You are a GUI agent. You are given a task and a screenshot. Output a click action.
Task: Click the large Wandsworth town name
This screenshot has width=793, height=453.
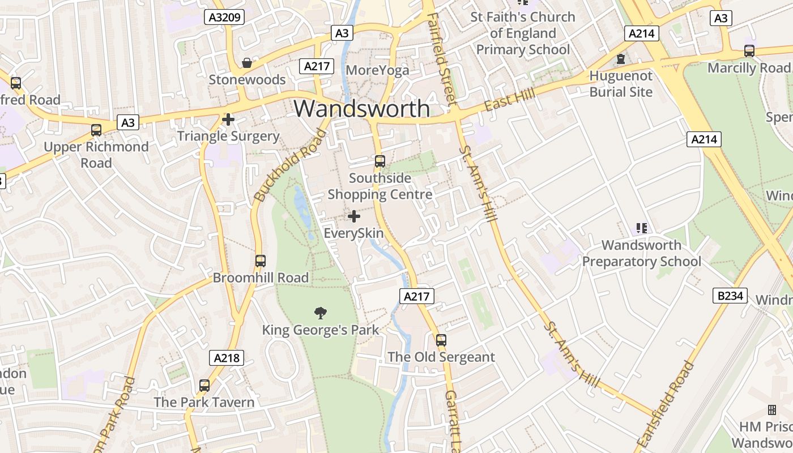pos(361,109)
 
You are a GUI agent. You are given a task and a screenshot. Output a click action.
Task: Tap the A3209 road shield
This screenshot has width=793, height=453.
pos(225,17)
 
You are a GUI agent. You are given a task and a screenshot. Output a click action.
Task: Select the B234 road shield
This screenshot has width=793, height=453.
pos(730,295)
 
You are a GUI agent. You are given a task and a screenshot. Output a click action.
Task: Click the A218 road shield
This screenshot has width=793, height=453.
pos(227,358)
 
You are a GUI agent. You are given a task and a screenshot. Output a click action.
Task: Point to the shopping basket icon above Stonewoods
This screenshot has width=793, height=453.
pos(247,62)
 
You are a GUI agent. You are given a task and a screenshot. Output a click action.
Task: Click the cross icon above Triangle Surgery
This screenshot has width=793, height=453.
pos(228,119)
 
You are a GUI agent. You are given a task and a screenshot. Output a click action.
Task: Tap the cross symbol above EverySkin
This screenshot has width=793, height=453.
pos(354,216)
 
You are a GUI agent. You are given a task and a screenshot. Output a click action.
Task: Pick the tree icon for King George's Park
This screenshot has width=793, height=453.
pos(321,313)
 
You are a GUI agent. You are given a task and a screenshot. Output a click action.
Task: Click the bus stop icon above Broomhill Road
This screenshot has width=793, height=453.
pos(261,261)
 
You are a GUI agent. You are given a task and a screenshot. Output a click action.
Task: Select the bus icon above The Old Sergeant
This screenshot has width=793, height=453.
pos(441,340)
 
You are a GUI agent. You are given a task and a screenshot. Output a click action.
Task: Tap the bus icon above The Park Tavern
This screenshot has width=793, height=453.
pos(204,386)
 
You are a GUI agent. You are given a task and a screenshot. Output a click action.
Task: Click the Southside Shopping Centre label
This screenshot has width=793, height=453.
pos(380,186)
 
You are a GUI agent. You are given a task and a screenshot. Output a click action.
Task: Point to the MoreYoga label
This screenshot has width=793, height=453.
pos(377,70)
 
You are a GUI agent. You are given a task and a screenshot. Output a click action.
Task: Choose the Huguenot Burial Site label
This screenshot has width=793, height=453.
pos(621,84)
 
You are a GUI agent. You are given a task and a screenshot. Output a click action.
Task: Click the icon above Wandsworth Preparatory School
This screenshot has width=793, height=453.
pos(641,228)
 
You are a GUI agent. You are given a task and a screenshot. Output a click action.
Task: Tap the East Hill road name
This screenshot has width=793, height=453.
pos(509,100)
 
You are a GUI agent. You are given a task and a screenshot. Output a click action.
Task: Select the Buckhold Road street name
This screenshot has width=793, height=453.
pos(291,165)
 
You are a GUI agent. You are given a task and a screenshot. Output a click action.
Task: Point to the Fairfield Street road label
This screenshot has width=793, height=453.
pos(442,59)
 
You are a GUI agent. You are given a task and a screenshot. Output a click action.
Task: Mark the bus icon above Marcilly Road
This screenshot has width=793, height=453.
pos(749,51)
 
